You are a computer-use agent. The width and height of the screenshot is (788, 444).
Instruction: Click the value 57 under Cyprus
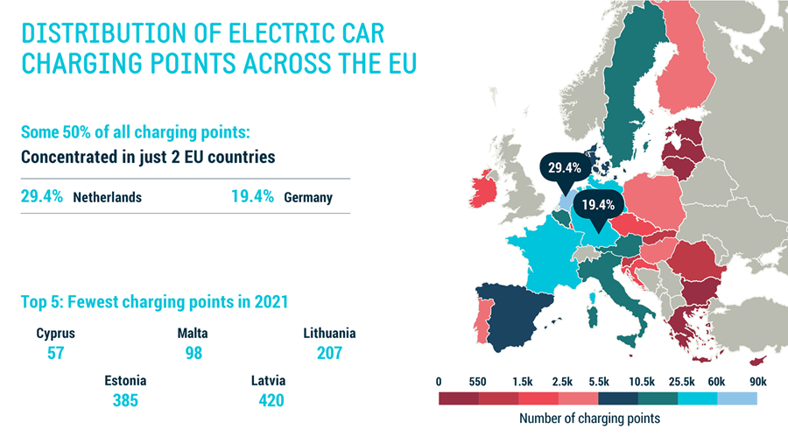56,353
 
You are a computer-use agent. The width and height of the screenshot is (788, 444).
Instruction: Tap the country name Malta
193,334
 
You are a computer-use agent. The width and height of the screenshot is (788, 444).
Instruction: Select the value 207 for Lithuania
329,353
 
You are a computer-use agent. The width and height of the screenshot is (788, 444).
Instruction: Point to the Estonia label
125,381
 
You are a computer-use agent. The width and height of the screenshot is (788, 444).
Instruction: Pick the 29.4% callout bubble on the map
565,166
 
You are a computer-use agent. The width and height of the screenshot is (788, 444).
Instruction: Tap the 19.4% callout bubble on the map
600,206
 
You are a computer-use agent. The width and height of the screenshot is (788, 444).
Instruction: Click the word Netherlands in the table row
107,197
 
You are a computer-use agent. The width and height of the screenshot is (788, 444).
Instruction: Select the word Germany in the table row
308,197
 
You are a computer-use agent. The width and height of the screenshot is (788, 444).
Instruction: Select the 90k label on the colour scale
757,382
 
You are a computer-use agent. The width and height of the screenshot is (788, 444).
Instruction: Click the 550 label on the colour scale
477,382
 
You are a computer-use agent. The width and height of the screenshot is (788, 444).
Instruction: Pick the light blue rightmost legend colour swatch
737,398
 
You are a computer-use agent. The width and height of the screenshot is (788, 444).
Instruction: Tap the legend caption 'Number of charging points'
589,419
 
